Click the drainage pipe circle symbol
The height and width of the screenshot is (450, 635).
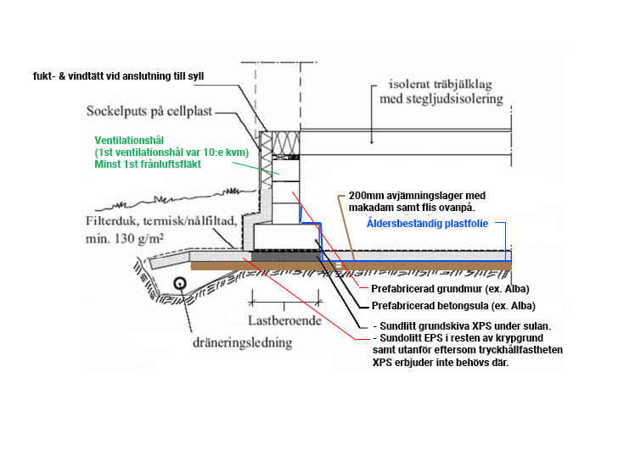pos(180,283)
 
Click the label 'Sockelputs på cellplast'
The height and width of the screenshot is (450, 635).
pos(149,111)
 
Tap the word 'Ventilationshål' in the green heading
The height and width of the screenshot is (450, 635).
pos(129,141)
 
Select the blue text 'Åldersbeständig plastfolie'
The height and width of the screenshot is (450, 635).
pos(427,224)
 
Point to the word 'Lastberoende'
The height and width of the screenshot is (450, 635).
pos(284,320)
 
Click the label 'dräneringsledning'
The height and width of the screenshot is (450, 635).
pos(242,342)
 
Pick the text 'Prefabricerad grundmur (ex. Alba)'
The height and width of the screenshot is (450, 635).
pos(450,289)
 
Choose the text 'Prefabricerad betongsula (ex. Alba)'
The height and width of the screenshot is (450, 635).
pos(453,306)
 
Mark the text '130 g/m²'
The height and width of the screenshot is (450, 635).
pos(139,238)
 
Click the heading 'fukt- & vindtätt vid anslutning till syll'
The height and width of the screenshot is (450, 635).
pos(119,76)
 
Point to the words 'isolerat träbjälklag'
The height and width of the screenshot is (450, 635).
pos(441,84)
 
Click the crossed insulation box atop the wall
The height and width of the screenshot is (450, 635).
pos(285,142)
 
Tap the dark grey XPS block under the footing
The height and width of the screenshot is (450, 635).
pos(286,256)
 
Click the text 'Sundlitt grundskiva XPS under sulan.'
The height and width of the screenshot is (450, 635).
pos(465,326)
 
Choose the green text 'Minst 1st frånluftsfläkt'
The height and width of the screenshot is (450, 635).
pos(148,164)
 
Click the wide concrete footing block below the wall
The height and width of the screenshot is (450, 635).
pos(285,236)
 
